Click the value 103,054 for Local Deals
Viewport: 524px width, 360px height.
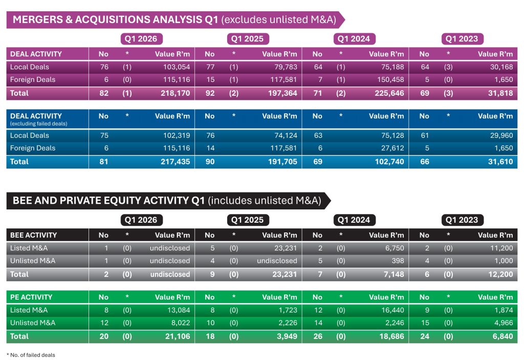177,67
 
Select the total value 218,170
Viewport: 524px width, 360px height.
175,93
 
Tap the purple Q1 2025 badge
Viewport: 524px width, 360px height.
248,39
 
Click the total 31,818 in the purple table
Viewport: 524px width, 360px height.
500,93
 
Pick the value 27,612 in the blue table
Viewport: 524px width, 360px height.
392,148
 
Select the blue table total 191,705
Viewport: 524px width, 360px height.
282,162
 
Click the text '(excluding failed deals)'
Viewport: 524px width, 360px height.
39,124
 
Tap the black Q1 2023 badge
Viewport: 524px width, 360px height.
462,220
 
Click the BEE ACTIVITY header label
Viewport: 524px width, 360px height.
33,235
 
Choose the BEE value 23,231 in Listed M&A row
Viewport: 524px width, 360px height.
286,248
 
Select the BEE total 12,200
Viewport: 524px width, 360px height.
500,274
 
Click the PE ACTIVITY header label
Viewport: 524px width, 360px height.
31,297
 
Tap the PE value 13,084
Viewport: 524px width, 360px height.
179,310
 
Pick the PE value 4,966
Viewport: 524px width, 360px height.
504,323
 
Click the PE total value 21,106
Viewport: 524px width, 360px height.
178,336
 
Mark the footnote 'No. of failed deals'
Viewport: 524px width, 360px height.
32,355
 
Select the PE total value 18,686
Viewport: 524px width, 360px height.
391,336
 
